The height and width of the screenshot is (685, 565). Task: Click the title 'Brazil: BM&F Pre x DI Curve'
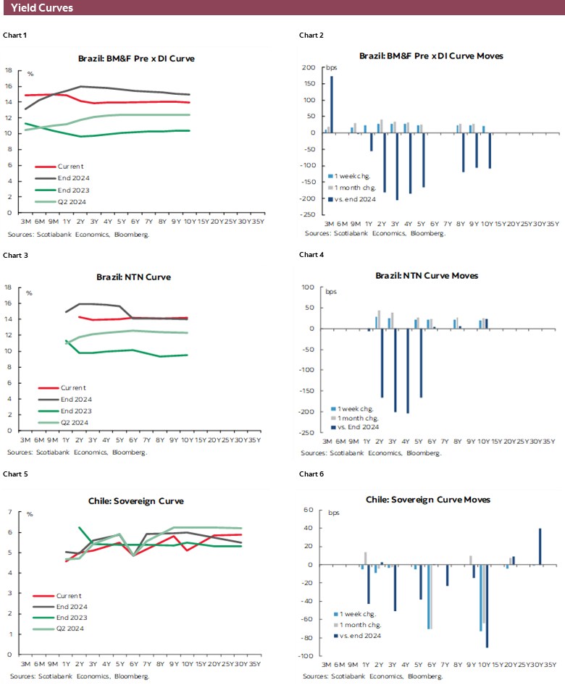[x=136, y=58]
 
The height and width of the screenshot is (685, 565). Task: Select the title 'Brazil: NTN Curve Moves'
[x=426, y=276]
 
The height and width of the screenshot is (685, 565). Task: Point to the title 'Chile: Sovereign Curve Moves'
[x=427, y=500]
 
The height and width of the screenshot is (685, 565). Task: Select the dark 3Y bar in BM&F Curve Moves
[x=397, y=166]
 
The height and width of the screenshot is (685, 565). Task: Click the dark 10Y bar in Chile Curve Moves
[x=487, y=606]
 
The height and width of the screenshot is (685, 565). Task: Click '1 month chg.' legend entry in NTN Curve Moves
[x=361, y=418]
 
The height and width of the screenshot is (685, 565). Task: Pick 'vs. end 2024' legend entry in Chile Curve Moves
[x=359, y=635]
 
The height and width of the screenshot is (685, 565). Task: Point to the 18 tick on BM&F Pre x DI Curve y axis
[x=9, y=70]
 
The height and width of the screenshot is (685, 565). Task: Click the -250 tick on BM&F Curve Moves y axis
[x=309, y=214]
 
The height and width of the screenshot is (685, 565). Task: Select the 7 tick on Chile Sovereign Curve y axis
[x=10, y=513]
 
